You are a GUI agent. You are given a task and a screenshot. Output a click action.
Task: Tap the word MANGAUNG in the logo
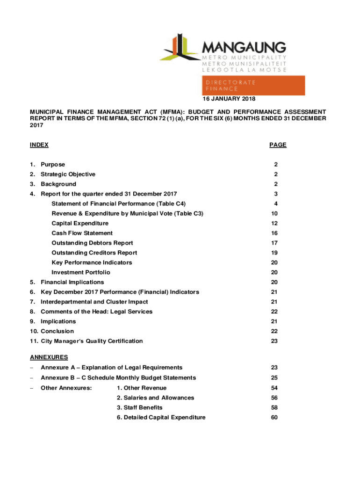tap(244, 47)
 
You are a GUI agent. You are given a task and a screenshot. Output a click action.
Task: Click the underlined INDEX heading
tap(39, 145)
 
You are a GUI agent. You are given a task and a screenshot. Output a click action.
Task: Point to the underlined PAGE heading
tap(278, 145)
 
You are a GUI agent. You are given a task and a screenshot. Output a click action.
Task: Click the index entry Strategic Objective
tap(68, 174)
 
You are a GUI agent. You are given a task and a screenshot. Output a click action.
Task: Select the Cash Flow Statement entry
tap(82, 233)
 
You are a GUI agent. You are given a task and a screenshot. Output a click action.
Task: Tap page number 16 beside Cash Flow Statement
tap(274, 233)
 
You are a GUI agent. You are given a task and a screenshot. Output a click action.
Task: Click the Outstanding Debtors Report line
tap(92, 243)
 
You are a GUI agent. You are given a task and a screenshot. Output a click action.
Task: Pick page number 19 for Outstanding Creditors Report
tap(274, 253)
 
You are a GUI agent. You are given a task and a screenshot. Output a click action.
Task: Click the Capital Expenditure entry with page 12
tap(80, 223)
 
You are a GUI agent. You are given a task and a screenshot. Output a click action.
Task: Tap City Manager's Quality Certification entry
tap(92, 341)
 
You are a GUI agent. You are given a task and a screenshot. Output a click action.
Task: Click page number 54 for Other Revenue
tap(274, 388)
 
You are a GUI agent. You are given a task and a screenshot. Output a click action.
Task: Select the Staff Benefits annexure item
tap(140, 407)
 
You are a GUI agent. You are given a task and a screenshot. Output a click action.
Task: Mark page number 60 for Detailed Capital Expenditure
tap(274, 417)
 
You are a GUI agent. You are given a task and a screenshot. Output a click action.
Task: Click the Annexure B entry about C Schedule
tap(118, 377)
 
